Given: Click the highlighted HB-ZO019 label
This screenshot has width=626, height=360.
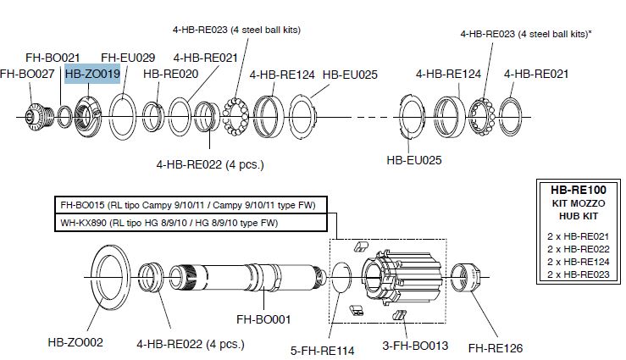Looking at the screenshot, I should click(92, 75).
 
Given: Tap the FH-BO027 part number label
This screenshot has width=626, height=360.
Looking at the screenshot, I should click(27, 75).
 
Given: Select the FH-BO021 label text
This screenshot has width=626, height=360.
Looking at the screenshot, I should click(52, 58).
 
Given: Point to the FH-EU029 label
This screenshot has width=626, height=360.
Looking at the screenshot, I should click(128, 58).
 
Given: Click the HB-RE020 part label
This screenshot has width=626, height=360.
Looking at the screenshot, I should click(170, 75).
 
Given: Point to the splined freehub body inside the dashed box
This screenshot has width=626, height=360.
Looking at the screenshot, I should click(402, 275).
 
